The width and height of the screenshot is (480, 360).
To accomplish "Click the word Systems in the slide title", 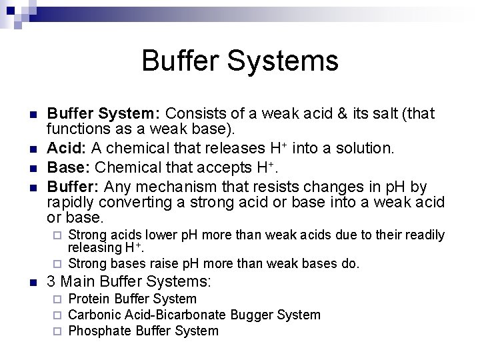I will [x=283, y=61].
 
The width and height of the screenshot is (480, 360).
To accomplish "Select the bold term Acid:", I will [x=67, y=148].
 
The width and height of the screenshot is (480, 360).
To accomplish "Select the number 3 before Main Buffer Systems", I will [x=52, y=282].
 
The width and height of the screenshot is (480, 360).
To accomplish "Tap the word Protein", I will [x=89, y=299].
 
